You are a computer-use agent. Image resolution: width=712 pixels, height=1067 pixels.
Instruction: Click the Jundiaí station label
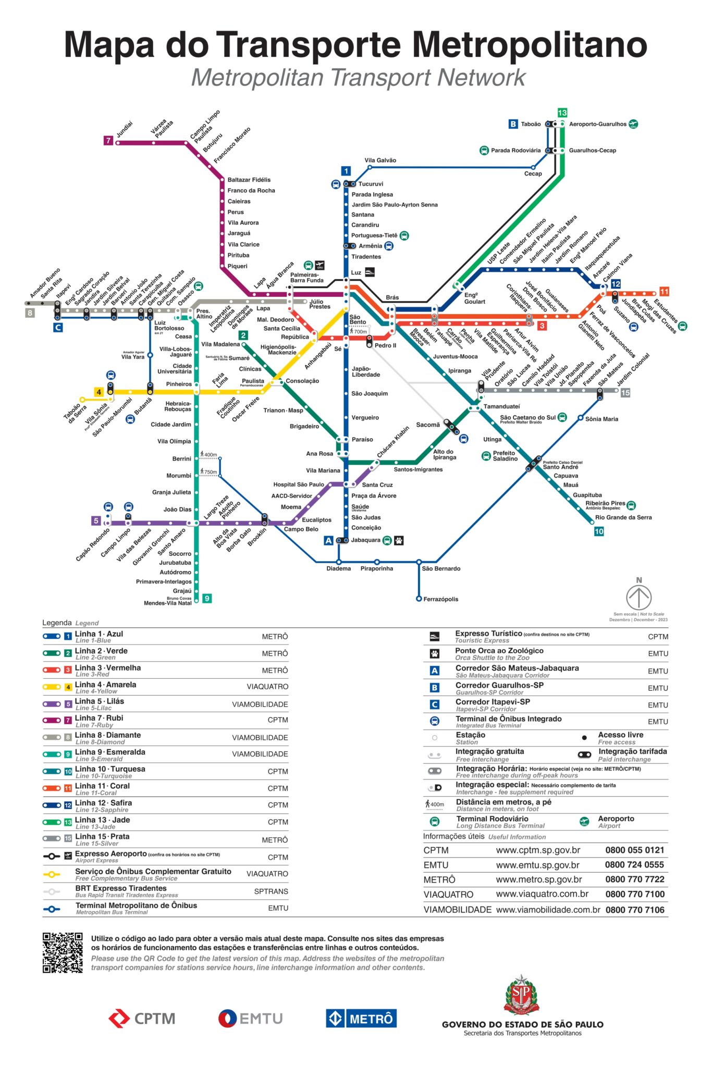125,129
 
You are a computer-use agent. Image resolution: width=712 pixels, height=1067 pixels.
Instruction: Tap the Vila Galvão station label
380,160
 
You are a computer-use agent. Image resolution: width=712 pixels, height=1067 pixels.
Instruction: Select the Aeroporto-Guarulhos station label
597,125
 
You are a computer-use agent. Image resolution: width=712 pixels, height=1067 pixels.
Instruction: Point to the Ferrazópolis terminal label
440,599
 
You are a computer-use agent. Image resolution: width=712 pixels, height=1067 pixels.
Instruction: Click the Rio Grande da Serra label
623,517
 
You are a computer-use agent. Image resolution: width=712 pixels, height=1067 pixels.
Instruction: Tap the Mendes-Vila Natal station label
168,603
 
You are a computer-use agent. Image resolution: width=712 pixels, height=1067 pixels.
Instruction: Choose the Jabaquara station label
365,540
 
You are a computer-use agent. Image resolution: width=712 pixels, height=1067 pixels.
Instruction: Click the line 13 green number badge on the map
562,113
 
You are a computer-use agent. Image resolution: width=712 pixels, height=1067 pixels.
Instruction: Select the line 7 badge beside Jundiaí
108,141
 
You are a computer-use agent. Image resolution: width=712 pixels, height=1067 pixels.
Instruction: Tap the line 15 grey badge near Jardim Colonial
625,393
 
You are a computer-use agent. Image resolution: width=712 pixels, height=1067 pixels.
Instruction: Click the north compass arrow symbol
639,597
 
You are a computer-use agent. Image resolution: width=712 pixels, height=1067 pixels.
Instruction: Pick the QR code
63,952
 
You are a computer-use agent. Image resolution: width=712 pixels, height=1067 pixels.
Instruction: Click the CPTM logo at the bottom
142,1018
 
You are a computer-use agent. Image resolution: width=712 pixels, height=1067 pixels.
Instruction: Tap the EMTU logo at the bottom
250,1018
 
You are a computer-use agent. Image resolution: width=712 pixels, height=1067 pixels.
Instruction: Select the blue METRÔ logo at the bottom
361,1018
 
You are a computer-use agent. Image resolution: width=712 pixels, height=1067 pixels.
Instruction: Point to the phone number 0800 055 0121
634,850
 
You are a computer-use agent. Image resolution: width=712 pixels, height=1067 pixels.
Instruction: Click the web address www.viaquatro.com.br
542,894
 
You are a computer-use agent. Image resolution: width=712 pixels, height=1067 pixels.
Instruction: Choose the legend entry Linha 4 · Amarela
105,685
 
